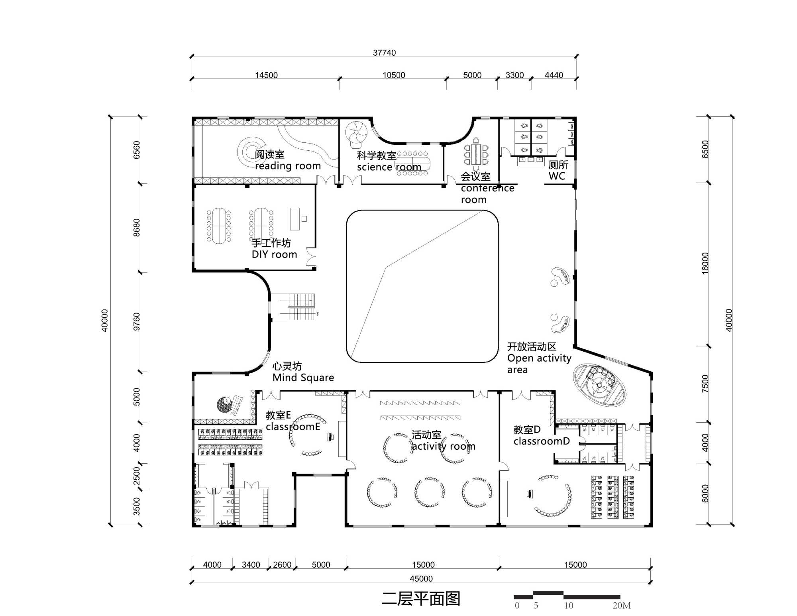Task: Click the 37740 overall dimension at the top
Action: [384, 53]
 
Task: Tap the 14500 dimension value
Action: [266, 75]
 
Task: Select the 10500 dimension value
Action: [394, 75]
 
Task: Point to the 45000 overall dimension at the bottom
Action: [421, 579]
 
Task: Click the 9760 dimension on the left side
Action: [137, 321]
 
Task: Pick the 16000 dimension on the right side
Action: [705, 263]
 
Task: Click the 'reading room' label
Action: [288, 166]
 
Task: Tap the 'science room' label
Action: [389, 167]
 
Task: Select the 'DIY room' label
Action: [274, 254]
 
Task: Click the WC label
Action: [557, 176]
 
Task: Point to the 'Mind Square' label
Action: [303, 378]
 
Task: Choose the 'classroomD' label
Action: [542, 441]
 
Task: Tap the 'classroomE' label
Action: [293, 427]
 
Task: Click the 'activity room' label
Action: [444, 446]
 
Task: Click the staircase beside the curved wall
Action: [297, 307]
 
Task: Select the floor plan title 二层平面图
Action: [421, 598]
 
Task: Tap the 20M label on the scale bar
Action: [622, 605]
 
